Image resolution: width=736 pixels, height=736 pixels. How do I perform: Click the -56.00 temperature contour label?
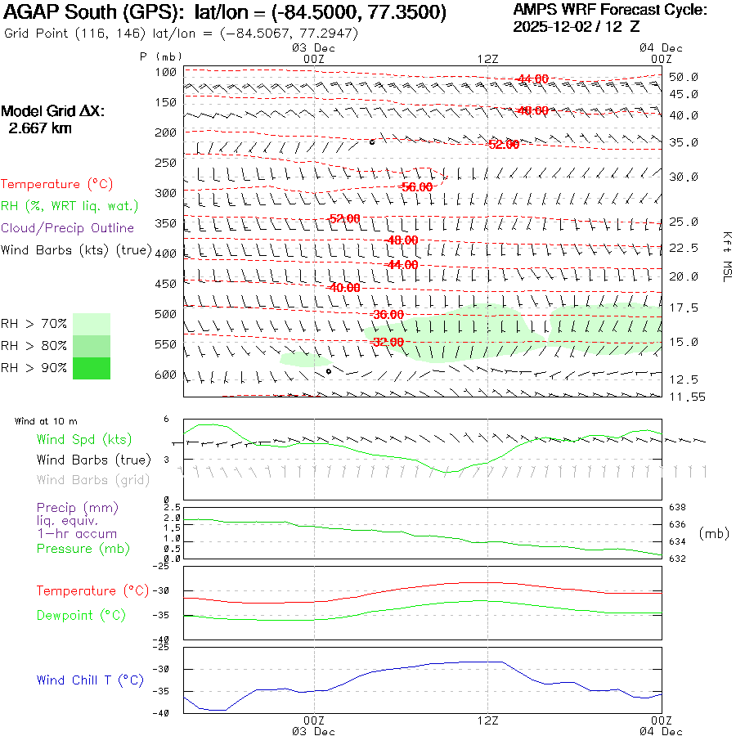click(416, 187)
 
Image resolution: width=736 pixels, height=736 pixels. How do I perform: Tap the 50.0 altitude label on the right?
click(684, 77)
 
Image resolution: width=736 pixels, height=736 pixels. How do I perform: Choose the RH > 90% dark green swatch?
click(92, 368)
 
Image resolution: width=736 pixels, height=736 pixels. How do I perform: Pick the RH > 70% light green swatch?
click(92, 324)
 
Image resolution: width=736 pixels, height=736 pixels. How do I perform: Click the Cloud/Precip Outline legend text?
click(67, 227)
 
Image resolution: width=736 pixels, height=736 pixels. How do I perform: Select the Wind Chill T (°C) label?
click(90, 680)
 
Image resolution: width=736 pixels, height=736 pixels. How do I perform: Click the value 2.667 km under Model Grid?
click(39, 128)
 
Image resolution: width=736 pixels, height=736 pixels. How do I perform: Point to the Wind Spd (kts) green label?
click(83, 440)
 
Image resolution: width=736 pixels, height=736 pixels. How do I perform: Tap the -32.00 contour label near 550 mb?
click(388, 342)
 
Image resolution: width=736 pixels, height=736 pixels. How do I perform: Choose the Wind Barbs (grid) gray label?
click(93, 480)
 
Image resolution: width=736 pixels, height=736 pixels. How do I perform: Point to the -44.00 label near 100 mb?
click(532, 79)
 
